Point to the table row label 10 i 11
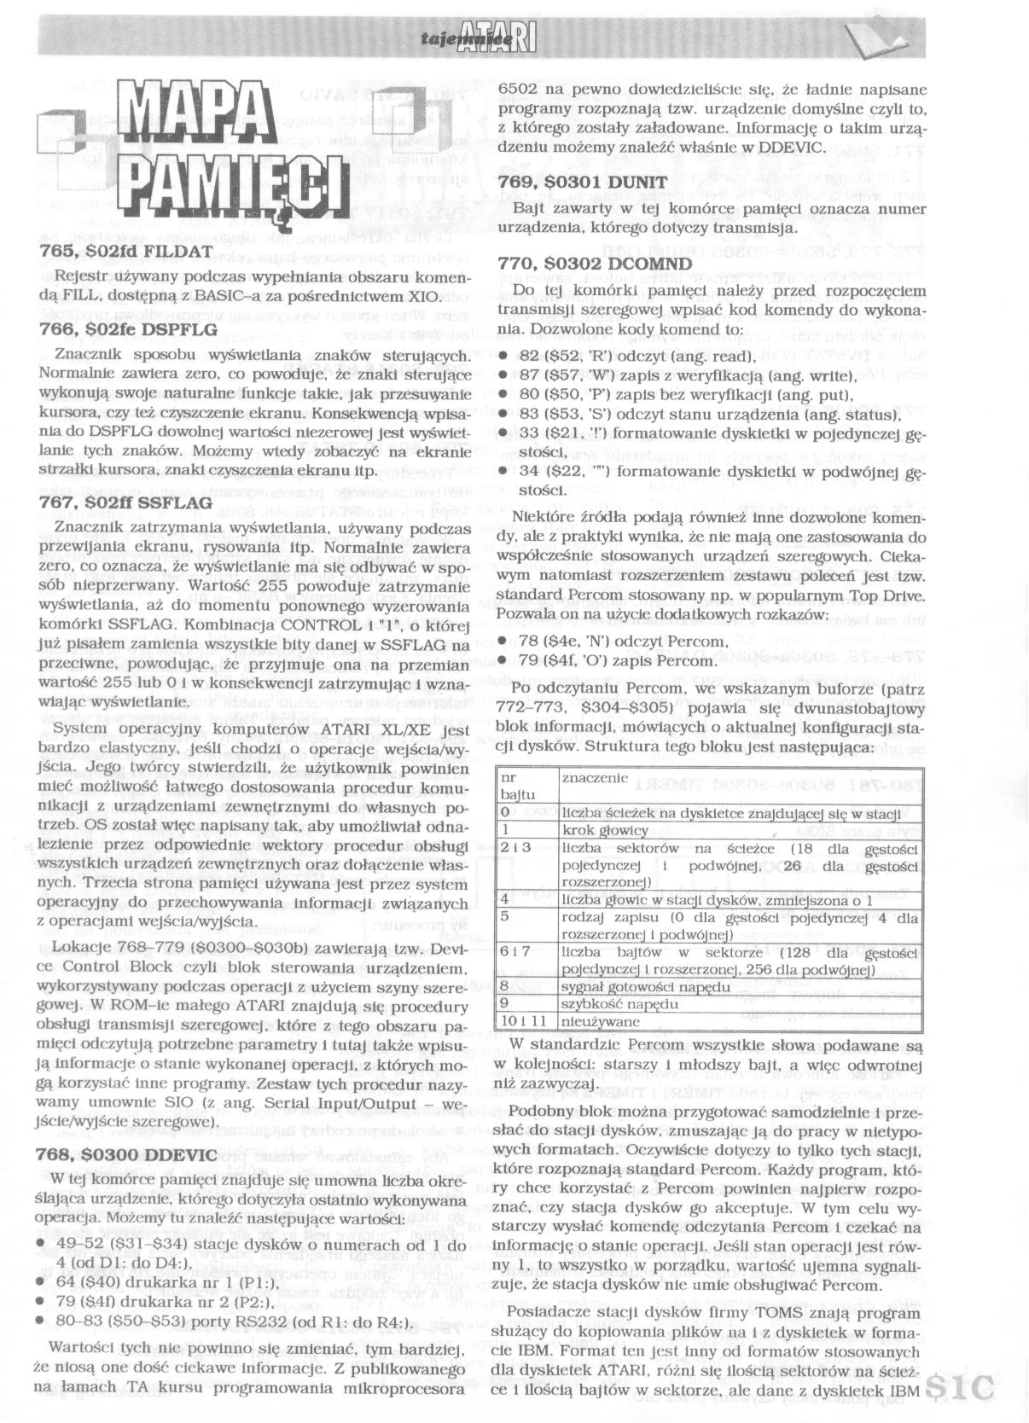coord(517,1021)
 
